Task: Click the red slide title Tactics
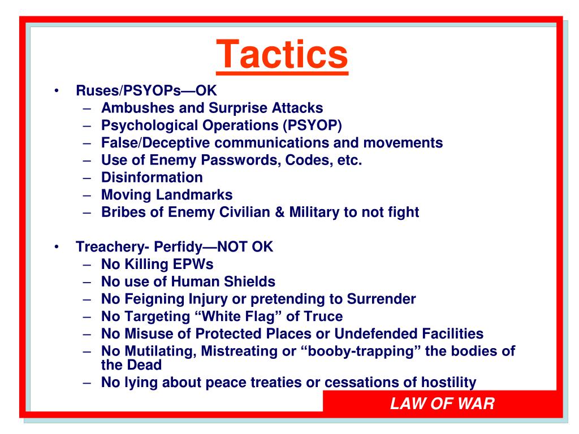[282, 53]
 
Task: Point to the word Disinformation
[152, 177]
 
